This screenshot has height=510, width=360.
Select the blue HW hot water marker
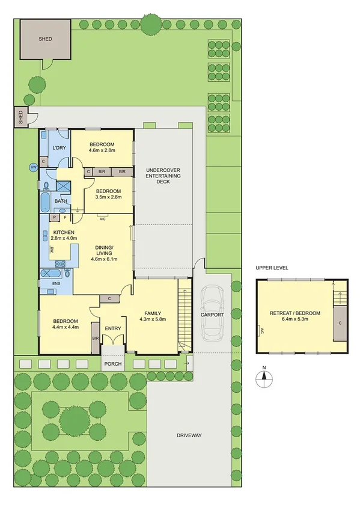[x=34, y=167]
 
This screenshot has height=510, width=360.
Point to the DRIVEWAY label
[x=188, y=435]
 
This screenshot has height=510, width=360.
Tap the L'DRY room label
[x=58, y=148]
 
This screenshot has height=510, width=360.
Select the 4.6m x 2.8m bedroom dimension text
[x=102, y=152]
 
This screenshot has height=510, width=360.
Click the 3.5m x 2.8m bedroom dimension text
[x=109, y=197]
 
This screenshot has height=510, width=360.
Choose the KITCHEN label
[x=63, y=232]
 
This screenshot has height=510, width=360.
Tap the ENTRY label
[x=112, y=328]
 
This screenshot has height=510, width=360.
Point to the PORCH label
[x=112, y=364]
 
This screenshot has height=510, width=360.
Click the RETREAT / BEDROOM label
[x=294, y=313]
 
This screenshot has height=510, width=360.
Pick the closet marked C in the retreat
[x=340, y=323]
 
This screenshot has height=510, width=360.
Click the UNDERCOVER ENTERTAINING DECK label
[x=163, y=176]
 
